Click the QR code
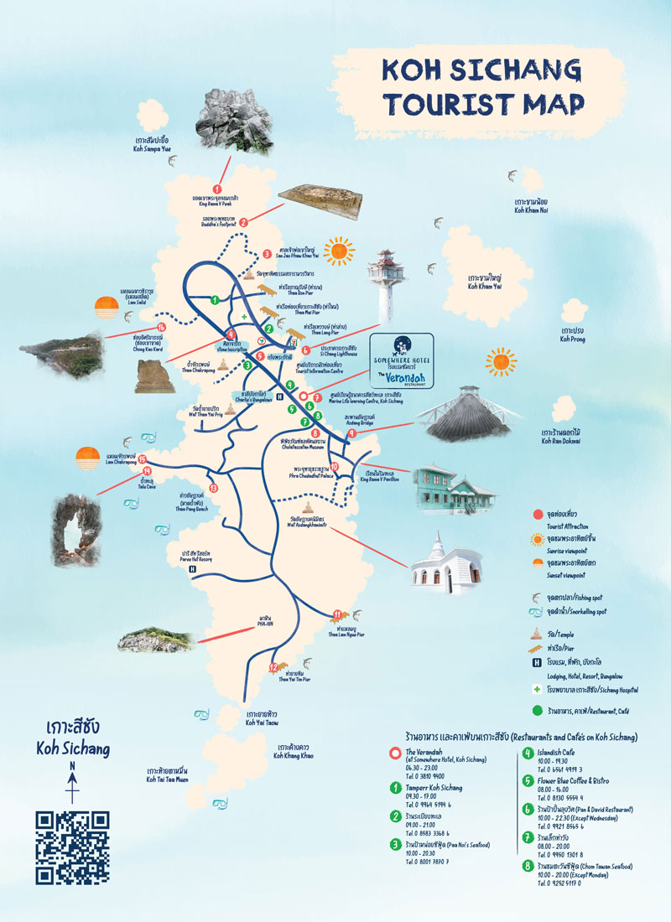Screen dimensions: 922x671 pyautogui.click(x=72, y=847)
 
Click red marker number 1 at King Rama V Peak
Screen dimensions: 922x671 pyautogui.click(x=218, y=189)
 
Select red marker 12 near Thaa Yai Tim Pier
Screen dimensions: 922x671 pyautogui.click(x=273, y=667)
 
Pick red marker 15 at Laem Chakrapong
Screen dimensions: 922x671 pyautogui.click(x=143, y=458)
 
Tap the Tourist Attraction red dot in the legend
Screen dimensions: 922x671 pyautogui.click(x=536, y=514)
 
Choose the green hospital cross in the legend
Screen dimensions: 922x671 pyautogui.click(x=534, y=691)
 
